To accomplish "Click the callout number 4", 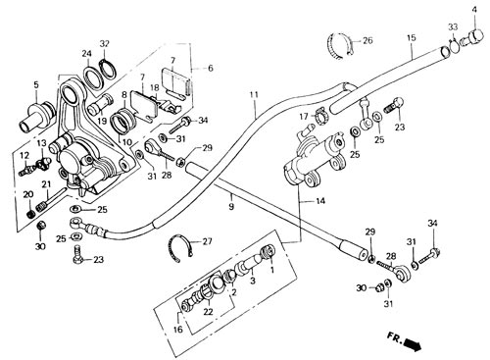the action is pyautogui.click(x=474, y=10).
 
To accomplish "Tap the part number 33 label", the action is pyautogui.click(x=453, y=26).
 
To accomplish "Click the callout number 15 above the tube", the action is pyautogui.click(x=412, y=37).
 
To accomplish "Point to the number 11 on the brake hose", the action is pyautogui.click(x=254, y=95).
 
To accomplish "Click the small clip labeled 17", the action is pyautogui.click(x=318, y=117).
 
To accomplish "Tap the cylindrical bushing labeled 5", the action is pyautogui.click(x=36, y=116).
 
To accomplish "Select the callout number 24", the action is pyautogui.click(x=87, y=53).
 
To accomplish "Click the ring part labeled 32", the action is pyautogui.click(x=108, y=70).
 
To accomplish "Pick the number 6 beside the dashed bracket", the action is pyautogui.click(x=210, y=68).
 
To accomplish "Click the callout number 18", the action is pyautogui.click(x=155, y=88).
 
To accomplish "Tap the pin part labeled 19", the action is pyautogui.click(x=100, y=104).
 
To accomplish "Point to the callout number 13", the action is pyautogui.click(x=41, y=143).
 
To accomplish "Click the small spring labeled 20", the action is pyautogui.click(x=30, y=214).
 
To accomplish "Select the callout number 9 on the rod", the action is pyautogui.click(x=231, y=207).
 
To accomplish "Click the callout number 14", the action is pyautogui.click(x=320, y=201).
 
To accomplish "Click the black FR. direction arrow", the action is pyautogui.click(x=412, y=344).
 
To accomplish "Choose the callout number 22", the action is pyautogui.click(x=208, y=312).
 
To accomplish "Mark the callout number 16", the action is pyautogui.click(x=178, y=329).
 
